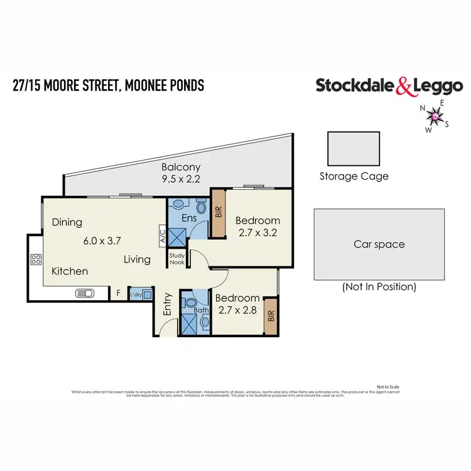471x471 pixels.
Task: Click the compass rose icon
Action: (x=435, y=116)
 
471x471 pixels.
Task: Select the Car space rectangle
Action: (x=379, y=244)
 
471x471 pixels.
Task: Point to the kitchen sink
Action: (x=85, y=293)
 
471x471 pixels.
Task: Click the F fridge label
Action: (x=117, y=293)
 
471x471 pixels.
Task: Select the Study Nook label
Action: (x=176, y=259)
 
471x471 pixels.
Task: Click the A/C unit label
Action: (x=162, y=235)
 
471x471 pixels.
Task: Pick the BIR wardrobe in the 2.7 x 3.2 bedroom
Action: (x=219, y=213)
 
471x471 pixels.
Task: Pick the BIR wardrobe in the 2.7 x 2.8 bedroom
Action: (x=271, y=315)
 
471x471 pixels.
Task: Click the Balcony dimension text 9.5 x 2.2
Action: (x=180, y=178)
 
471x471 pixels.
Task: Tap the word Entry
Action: (x=168, y=305)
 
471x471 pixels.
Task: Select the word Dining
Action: (x=67, y=222)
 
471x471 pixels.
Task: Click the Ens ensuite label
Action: (x=189, y=219)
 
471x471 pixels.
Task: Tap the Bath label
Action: (x=202, y=310)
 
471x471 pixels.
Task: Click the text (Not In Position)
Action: (x=379, y=287)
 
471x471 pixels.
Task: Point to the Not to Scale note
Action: (x=387, y=386)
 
